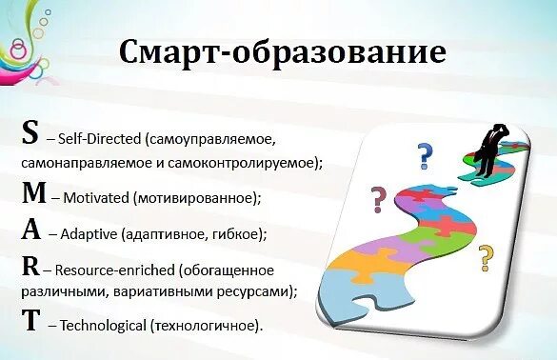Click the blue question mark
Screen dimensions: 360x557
click(x=426, y=153)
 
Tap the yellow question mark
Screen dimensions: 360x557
click(x=487, y=255)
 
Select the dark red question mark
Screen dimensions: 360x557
click(x=378, y=200)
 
